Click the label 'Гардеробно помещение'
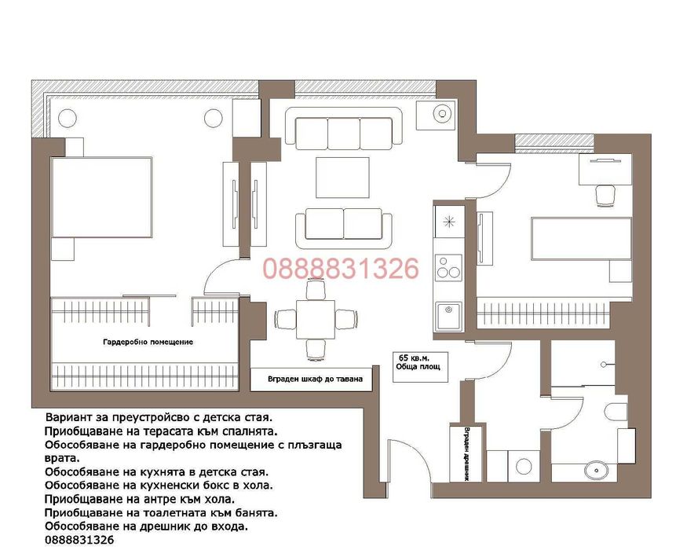[148, 342]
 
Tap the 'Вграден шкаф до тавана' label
[315, 379]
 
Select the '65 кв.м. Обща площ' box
[420, 367]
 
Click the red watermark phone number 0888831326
[341, 269]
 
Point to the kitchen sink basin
[448, 316]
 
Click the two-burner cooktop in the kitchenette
[448, 268]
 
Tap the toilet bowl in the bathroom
[616, 412]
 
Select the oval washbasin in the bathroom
[596, 471]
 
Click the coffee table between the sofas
[342, 178]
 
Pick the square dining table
[316, 320]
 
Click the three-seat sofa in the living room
[344, 127]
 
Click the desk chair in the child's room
[605, 195]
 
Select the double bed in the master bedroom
[101, 198]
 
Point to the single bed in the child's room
[582, 238]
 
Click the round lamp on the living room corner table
[443, 114]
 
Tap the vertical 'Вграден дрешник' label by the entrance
[466, 454]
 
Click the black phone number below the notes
[79, 540]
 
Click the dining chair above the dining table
[316, 290]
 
